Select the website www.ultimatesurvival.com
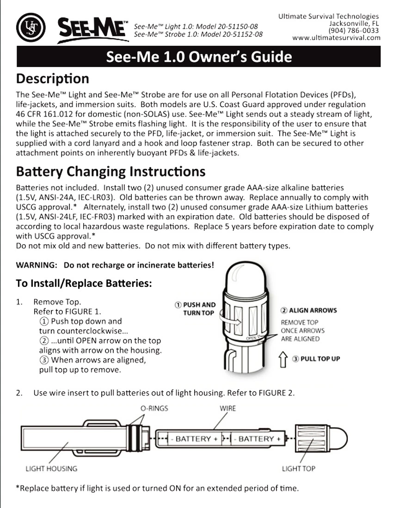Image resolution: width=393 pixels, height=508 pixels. point(343,37)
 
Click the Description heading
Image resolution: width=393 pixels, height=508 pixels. point(52,78)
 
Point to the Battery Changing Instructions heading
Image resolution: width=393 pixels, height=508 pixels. point(111,172)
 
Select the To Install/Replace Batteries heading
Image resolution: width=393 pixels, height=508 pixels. point(84,283)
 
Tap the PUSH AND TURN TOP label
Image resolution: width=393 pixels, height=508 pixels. point(195,308)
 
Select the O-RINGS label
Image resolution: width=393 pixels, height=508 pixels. point(154,408)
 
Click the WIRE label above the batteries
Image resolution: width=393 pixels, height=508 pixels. point(228,408)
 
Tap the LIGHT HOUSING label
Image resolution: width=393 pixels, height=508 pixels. point(51,468)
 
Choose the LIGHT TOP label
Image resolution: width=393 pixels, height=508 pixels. point(299,468)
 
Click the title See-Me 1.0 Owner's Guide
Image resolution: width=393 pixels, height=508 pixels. point(199,57)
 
